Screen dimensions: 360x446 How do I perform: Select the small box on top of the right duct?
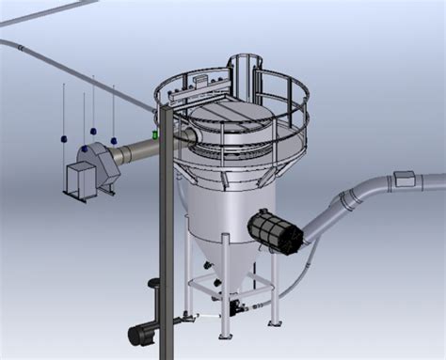coord(405,177)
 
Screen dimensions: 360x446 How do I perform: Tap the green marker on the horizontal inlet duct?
coord(155,135)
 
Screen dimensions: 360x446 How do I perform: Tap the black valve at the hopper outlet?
coord(233,305)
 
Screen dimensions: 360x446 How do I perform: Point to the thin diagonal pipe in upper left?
coord(75,62)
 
